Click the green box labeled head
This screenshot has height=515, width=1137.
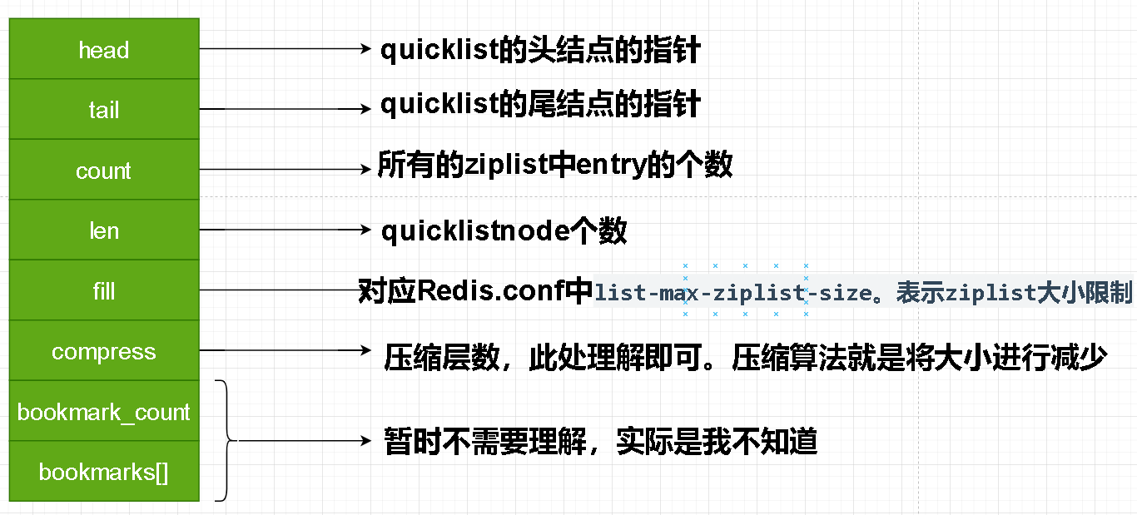pos(104,49)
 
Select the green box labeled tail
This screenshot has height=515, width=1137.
pos(104,109)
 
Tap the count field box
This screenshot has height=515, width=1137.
pos(104,170)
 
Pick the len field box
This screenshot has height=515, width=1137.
pos(104,230)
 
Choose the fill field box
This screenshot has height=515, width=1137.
pos(104,290)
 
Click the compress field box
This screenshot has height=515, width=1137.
pos(104,350)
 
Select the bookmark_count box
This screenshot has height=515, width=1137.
pos(104,411)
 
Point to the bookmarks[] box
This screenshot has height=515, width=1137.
pos(104,472)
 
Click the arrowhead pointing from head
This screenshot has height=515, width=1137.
pos(365,49)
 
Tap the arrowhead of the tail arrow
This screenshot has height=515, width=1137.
pos(365,109)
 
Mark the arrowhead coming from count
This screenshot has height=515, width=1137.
pos(365,170)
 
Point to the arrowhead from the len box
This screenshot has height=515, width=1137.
pos(365,230)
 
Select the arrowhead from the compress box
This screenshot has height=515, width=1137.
pos(365,350)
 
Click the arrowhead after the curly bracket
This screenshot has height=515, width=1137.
pos(365,441)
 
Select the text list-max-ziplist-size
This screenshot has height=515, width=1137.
pos(733,293)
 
